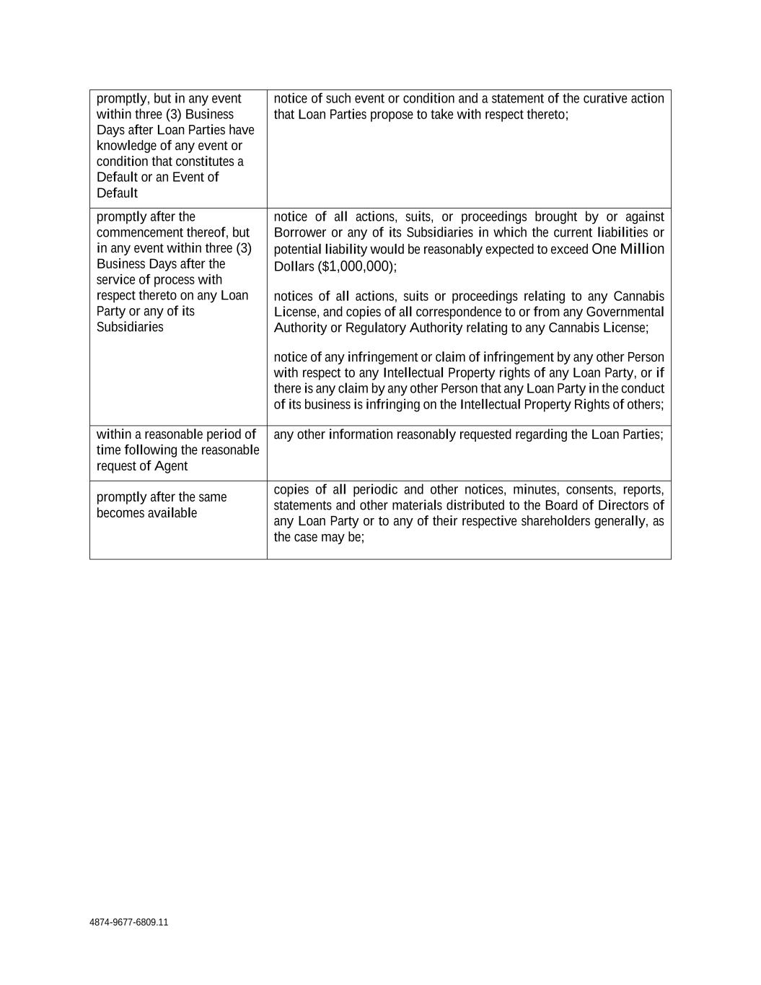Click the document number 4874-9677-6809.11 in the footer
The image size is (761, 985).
[128, 922]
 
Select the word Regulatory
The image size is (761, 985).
[371, 328]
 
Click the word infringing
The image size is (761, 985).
[392, 404]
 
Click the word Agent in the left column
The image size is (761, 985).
[171, 466]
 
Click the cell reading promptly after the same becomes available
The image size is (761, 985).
[162, 505]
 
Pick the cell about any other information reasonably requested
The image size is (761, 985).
[468, 434]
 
